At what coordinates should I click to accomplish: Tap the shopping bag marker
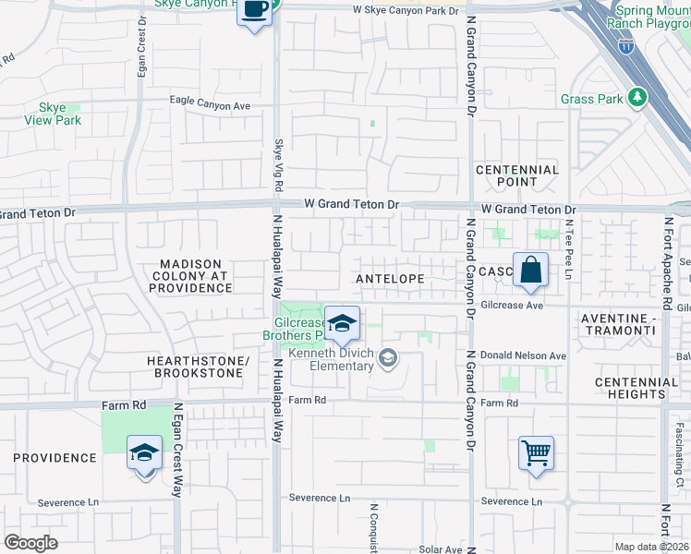point(531,270)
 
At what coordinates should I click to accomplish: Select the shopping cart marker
point(536,453)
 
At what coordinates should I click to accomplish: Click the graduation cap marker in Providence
point(144,453)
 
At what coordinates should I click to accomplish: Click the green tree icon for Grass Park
point(636,98)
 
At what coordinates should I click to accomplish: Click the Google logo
point(30,542)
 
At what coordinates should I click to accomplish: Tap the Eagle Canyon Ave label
point(210,106)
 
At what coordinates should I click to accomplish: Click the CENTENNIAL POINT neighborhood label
point(517,175)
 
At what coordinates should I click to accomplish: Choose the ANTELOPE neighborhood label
point(390,278)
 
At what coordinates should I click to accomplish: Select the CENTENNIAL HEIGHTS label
point(630,388)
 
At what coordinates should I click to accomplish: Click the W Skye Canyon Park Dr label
point(406,11)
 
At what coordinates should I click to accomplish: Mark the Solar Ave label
point(440,548)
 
